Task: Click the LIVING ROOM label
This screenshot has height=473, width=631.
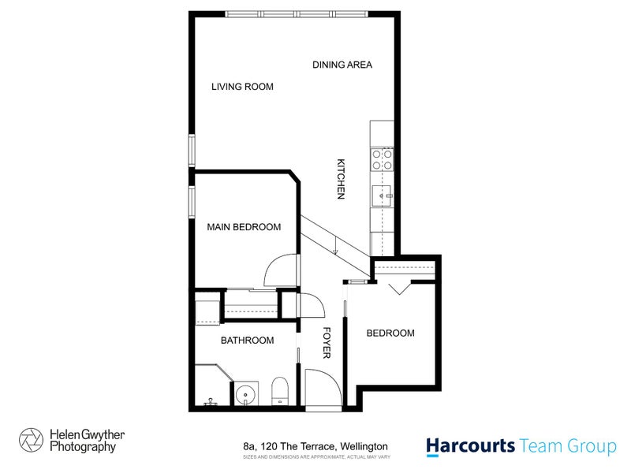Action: point(242,87)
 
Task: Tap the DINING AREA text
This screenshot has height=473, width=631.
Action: point(342,65)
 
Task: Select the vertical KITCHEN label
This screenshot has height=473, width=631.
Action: point(342,179)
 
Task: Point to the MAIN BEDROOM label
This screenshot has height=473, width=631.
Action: point(244,227)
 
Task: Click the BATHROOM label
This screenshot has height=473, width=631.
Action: point(247,341)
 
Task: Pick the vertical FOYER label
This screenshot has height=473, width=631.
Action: point(326,345)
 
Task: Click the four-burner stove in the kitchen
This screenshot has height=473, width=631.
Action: point(382,160)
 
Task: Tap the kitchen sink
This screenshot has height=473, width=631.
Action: point(382,193)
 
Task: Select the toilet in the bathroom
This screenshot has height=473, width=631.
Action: point(279,391)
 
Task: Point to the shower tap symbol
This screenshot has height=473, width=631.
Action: point(210,402)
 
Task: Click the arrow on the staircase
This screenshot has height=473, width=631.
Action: point(335,251)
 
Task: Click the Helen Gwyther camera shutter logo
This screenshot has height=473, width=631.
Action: point(31,440)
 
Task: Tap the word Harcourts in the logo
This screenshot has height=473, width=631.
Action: point(471,446)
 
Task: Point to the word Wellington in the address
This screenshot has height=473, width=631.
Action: point(364,446)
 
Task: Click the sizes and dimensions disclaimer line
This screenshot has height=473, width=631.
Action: point(315,457)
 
